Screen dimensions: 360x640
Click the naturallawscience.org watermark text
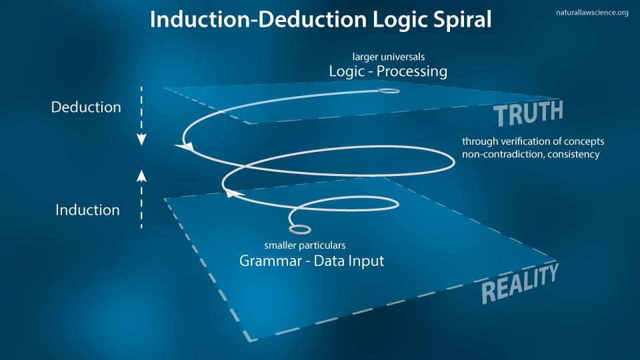click(592, 12)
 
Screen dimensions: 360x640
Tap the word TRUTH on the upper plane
click(529, 113)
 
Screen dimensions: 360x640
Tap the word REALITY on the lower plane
click(519, 282)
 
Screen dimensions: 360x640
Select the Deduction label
click(86, 107)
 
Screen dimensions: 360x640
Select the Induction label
click(87, 210)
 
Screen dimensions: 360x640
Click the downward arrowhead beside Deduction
click(141, 139)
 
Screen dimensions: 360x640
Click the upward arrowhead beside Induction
click(141, 175)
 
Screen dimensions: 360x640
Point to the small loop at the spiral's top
click(389, 90)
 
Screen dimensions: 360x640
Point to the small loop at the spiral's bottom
click(300, 229)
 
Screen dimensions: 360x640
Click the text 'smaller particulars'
click(305, 245)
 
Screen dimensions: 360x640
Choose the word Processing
click(413, 71)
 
